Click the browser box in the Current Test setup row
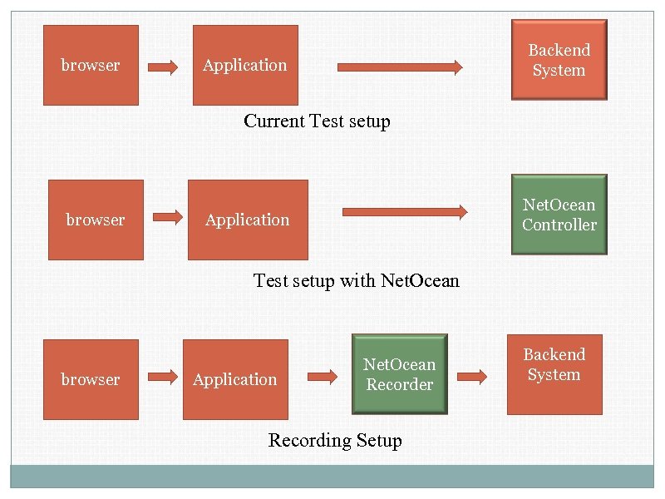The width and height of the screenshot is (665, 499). point(91,65)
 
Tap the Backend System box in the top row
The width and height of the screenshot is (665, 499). point(559,60)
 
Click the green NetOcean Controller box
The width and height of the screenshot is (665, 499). point(559,215)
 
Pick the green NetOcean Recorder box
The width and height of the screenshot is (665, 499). point(400,374)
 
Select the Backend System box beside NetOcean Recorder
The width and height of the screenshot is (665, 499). point(554,374)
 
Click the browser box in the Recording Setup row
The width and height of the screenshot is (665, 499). point(91,379)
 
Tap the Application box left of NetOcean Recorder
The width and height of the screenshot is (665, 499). point(235,379)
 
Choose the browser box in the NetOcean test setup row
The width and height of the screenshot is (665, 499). point(96,220)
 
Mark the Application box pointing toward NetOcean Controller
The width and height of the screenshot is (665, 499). point(248,220)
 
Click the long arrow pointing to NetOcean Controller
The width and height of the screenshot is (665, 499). point(405,212)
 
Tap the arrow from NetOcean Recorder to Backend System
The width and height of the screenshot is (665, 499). point(472,377)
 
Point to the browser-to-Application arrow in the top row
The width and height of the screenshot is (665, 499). point(163,67)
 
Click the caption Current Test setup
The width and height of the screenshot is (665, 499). point(317,121)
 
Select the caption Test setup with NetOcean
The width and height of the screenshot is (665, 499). point(356,280)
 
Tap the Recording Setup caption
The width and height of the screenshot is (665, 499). point(335,441)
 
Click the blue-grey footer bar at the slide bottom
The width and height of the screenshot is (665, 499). point(332,477)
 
